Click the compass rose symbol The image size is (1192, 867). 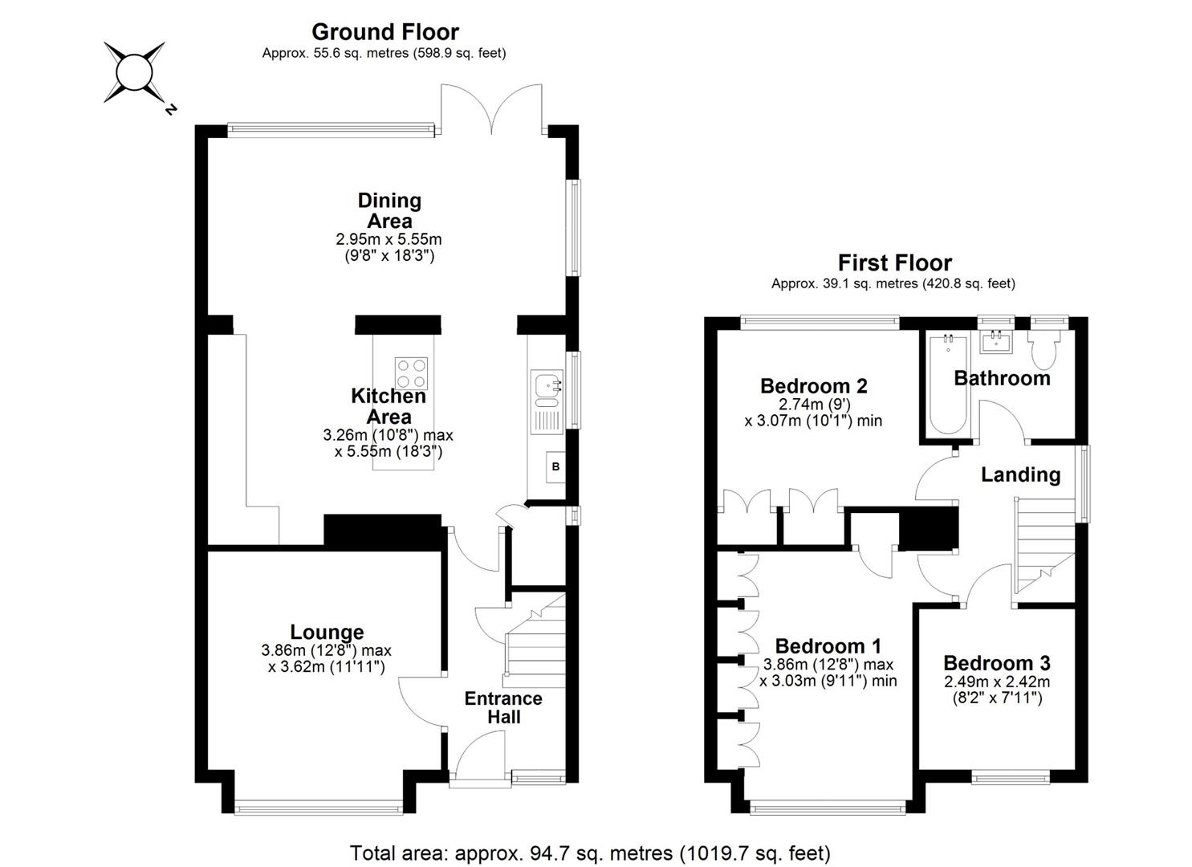pyautogui.click(x=134, y=72)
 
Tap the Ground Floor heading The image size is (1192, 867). pyautogui.click(x=384, y=32)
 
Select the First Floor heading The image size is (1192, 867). pyautogui.click(x=894, y=263)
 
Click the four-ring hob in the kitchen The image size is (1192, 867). pyautogui.click(x=412, y=373)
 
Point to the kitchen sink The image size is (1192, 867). pyautogui.click(x=547, y=385)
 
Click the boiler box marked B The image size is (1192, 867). pyautogui.click(x=555, y=466)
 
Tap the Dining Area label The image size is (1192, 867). pyautogui.click(x=389, y=210)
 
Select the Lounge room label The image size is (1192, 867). pyautogui.click(x=327, y=632)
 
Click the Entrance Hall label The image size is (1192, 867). pyautogui.click(x=503, y=707)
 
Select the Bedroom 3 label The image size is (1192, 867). pyautogui.click(x=996, y=663)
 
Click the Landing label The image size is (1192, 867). pyautogui.click(x=1020, y=474)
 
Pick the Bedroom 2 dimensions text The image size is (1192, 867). pyautogui.click(x=813, y=413)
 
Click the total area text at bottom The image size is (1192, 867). pyautogui.click(x=590, y=853)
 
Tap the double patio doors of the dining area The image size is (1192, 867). pyautogui.click(x=490, y=108)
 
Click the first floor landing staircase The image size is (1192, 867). pyautogui.click(x=1043, y=546)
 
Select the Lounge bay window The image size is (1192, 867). pyautogui.click(x=319, y=808)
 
